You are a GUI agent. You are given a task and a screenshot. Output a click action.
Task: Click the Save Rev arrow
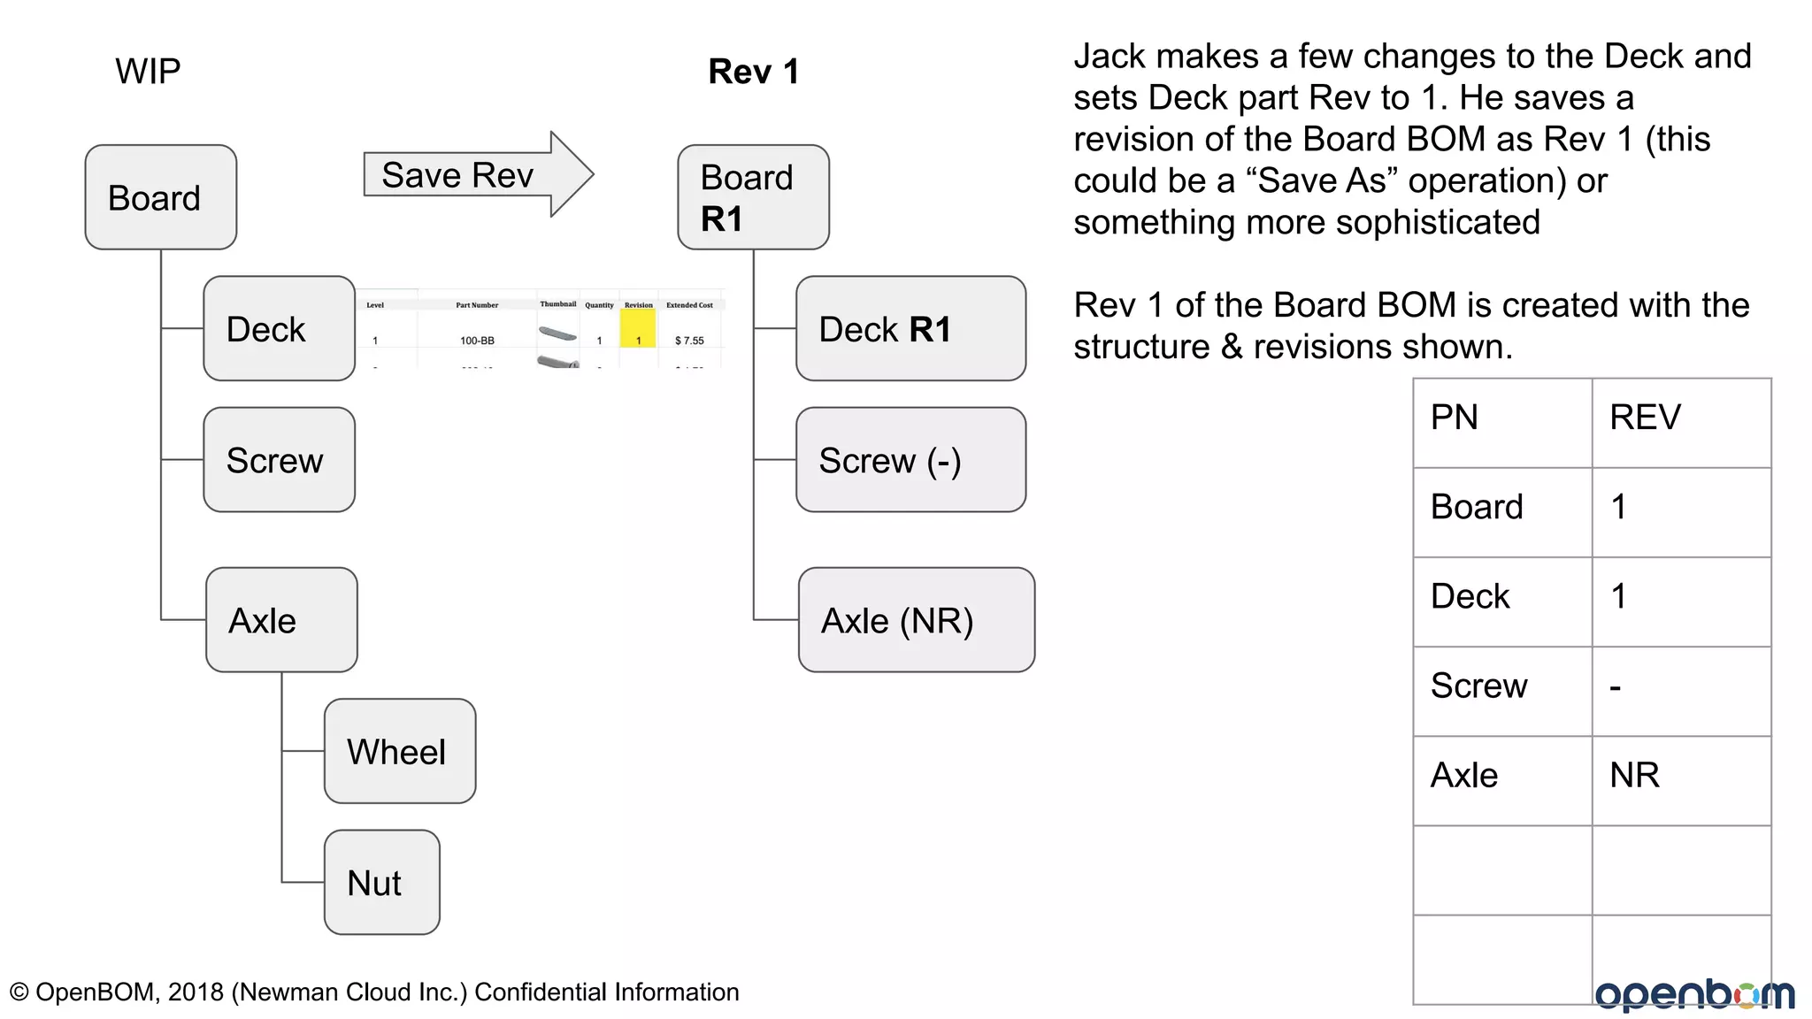coord(478,175)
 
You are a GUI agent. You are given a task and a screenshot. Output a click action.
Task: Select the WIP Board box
coord(160,197)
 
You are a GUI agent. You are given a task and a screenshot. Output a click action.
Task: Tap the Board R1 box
coord(753,197)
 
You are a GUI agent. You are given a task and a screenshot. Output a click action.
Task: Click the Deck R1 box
coord(910,328)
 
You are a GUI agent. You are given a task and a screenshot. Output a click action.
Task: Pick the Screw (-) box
coord(910,460)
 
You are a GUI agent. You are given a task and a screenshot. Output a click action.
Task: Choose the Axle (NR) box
coord(916,620)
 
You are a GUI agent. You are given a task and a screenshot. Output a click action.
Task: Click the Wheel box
coord(399,751)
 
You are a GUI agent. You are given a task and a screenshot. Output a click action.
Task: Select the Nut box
coord(381,882)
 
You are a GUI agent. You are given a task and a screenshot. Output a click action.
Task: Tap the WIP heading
coord(148,71)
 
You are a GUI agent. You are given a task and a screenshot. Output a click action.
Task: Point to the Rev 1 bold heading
coord(753,72)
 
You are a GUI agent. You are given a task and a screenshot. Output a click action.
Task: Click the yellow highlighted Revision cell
coord(638,329)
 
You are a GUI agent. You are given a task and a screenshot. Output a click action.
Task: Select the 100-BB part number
coord(477,341)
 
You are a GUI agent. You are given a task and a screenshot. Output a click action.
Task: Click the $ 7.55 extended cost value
coord(689,341)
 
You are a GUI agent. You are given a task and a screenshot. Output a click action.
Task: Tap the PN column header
coord(1455,418)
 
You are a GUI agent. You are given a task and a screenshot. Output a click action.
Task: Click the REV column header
coord(1645,418)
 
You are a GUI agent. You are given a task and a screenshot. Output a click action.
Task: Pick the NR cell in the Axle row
coord(1634,776)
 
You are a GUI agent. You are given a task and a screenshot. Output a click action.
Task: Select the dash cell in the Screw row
coord(1616,687)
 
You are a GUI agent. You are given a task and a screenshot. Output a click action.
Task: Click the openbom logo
coord(1694,994)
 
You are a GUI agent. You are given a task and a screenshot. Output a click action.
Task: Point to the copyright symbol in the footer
coord(19,992)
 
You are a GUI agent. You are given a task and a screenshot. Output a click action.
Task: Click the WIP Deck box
coord(279,328)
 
